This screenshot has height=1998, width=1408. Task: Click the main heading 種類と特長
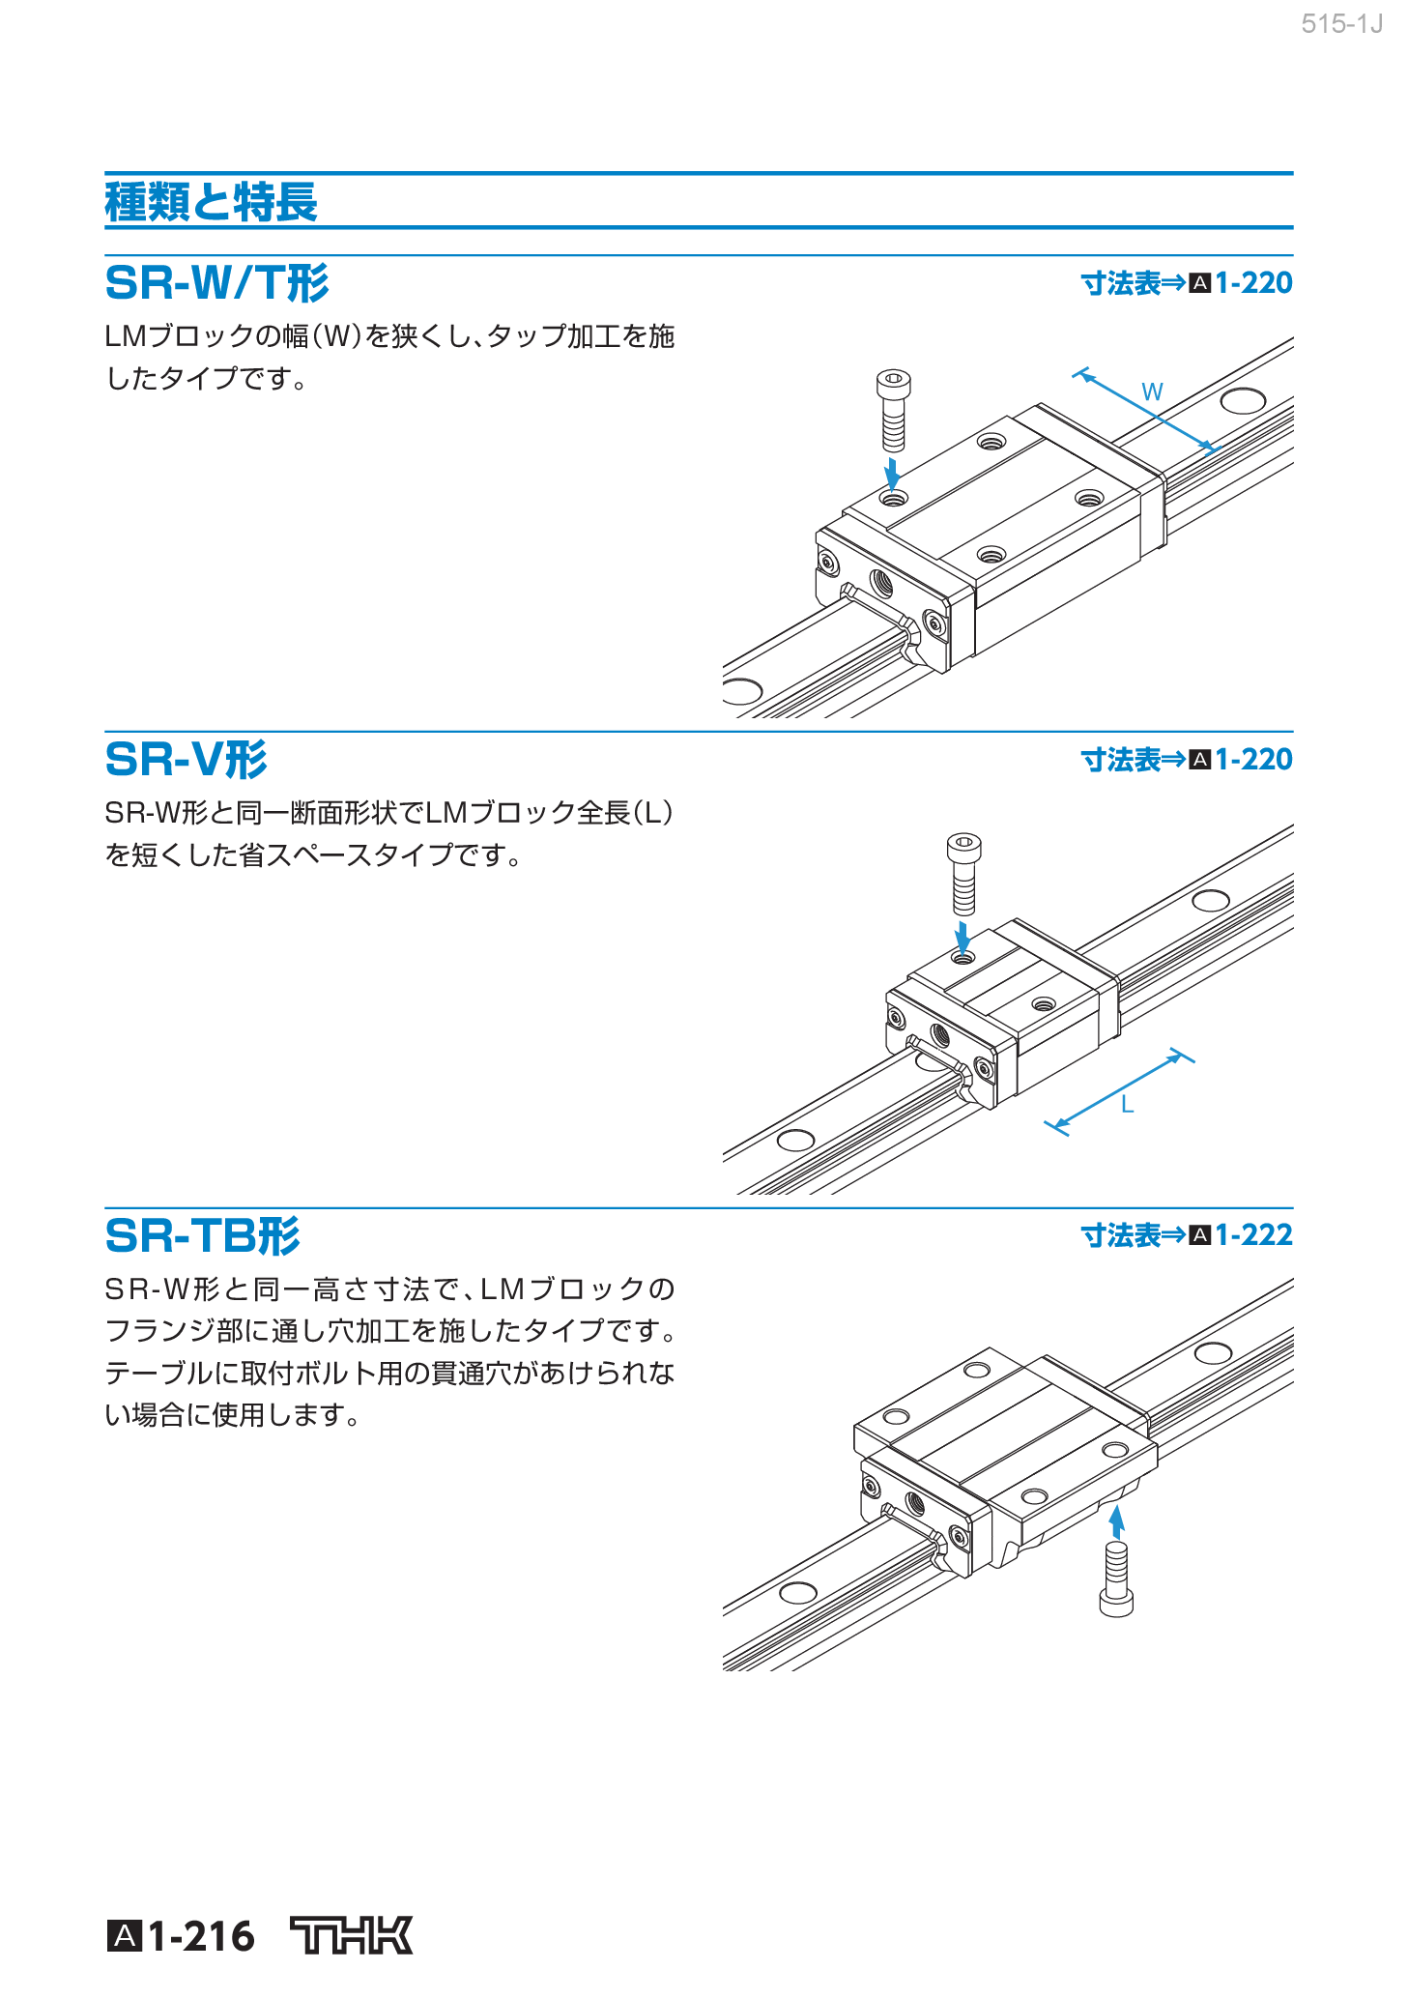coord(211,202)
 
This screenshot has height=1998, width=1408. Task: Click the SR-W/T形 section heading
coord(216,283)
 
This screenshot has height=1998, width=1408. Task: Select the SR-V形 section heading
coord(186,760)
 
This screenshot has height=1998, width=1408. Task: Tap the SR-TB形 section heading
coord(202,1235)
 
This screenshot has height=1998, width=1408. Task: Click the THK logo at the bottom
coord(352,1935)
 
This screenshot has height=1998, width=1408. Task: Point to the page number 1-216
coord(201,1936)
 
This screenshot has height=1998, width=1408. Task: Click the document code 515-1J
coord(1342,24)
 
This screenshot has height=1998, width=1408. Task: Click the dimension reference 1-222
coord(1253,1235)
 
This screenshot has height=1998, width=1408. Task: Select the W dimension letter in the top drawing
coord(1152,392)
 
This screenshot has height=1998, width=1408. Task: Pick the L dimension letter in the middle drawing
coord(1127,1105)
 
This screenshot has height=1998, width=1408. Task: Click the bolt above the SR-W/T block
coord(894,410)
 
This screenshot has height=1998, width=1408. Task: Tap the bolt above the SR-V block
coord(963,874)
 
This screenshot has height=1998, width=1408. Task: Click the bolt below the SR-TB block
coord(1116,1578)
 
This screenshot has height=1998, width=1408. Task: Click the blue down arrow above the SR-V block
coord(963,936)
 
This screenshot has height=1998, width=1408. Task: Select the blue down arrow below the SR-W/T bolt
coord(893,474)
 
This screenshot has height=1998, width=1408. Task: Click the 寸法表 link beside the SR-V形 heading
coord(1120,760)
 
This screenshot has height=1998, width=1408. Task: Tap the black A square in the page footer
coord(124,1936)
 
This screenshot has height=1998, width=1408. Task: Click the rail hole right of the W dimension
coord(1243,400)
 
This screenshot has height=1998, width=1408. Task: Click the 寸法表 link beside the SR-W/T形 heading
coord(1120,283)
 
